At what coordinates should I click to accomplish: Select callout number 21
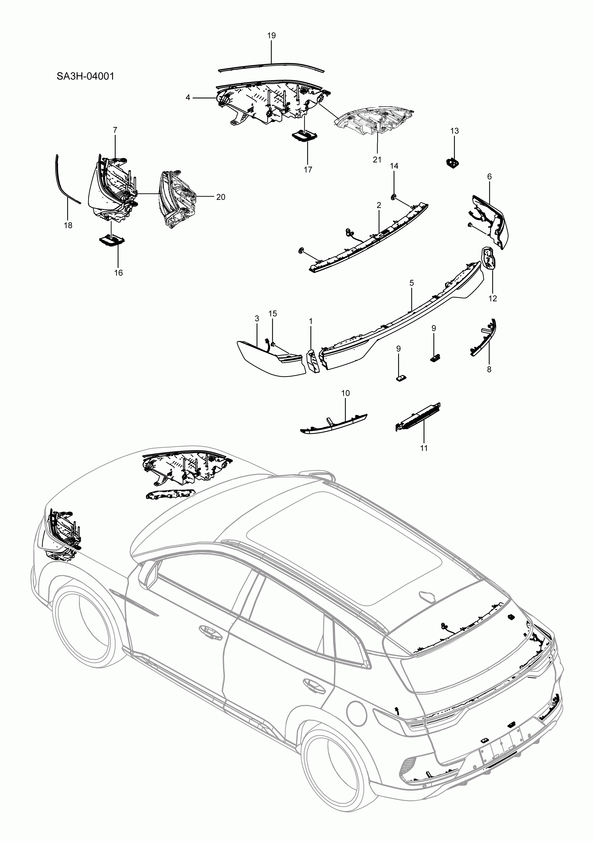click(x=377, y=159)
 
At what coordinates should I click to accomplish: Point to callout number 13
click(x=454, y=131)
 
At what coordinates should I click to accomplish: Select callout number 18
click(x=68, y=225)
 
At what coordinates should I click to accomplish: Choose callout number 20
click(x=220, y=197)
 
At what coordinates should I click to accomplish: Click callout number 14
click(x=394, y=166)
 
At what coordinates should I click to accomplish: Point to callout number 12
click(x=492, y=299)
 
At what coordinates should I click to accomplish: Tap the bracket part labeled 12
click(x=488, y=258)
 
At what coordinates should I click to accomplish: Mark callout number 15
click(x=273, y=314)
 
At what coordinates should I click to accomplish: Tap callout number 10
click(x=345, y=393)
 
